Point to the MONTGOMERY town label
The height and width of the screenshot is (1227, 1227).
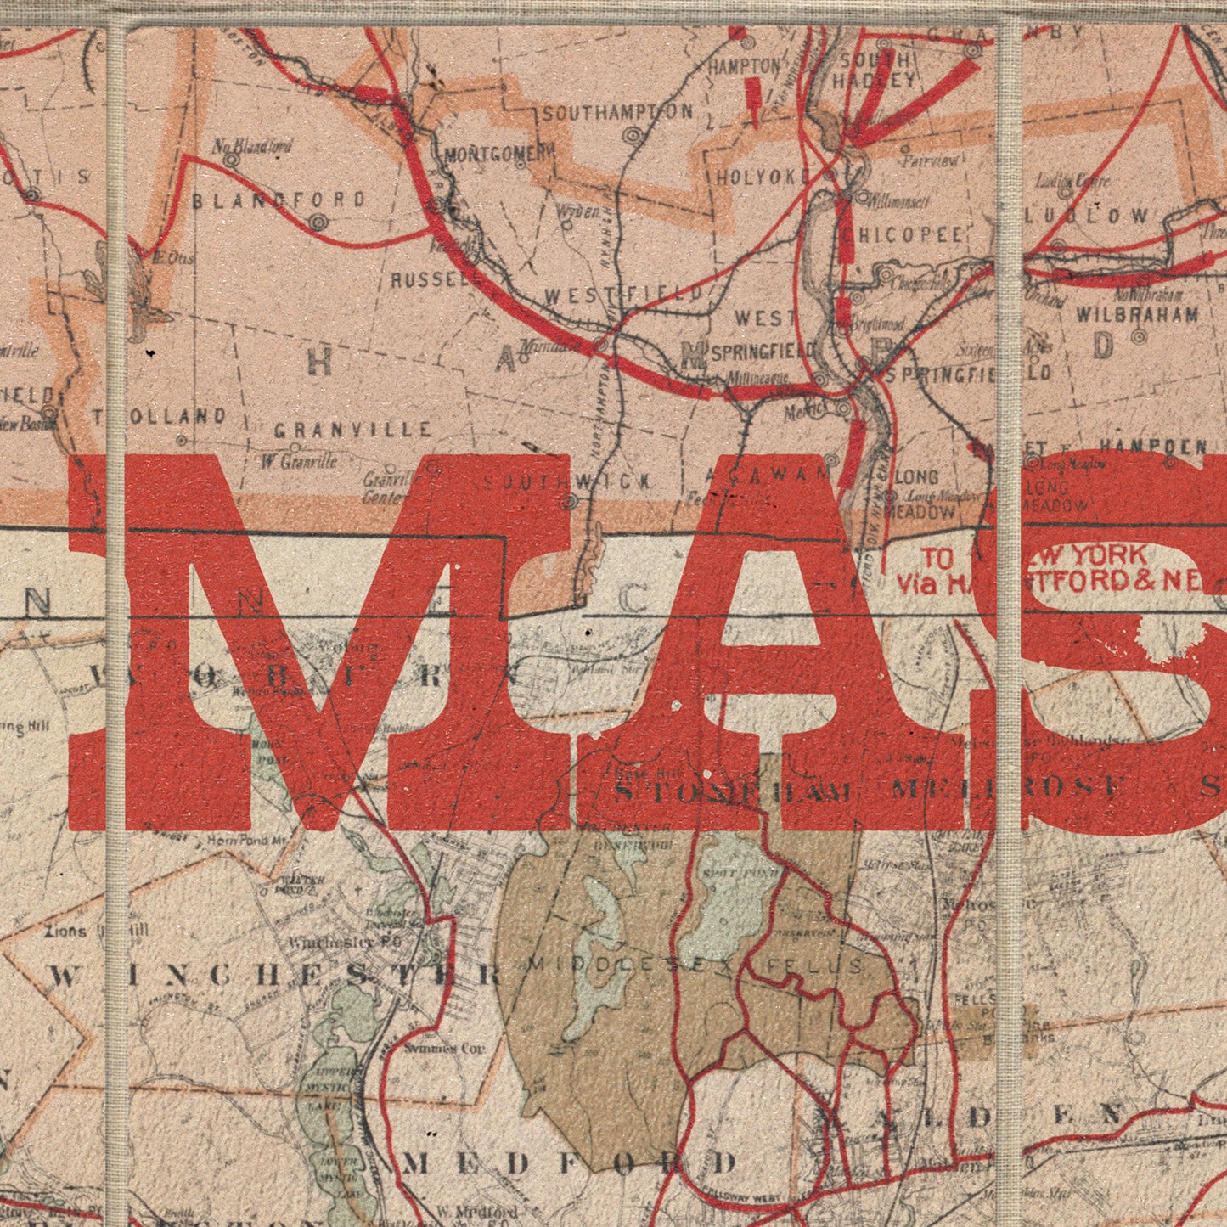pyautogui.click(x=499, y=155)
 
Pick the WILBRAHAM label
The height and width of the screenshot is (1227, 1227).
pyautogui.click(x=1137, y=314)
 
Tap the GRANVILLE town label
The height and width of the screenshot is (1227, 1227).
pyautogui.click(x=353, y=431)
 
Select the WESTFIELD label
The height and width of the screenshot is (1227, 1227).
pyautogui.click(x=624, y=295)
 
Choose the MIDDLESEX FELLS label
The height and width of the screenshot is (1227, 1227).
pyautogui.click(x=696, y=965)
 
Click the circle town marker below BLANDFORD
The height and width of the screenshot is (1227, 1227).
pyautogui.click(x=318, y=222)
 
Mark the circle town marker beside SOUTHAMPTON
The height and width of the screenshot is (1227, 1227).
pyautogui.click(x=632, y=135)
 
